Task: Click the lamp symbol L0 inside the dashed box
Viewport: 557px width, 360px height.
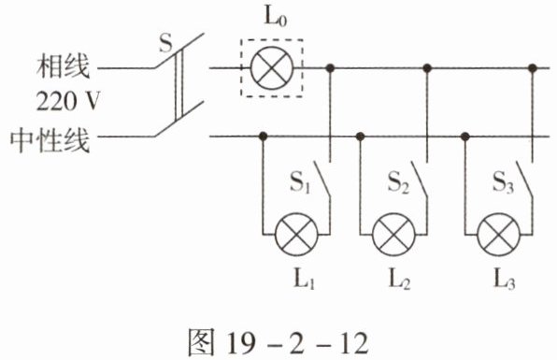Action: point(272,67)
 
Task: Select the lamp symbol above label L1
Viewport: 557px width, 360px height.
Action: point(296,235)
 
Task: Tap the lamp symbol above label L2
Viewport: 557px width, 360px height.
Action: point(393,235)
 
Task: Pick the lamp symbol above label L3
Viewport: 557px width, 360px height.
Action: point(499,235)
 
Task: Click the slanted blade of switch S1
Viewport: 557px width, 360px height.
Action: point(321,179)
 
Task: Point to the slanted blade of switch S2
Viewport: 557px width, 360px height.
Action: point(420,179)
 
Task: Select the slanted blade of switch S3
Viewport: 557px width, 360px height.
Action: point(524,179)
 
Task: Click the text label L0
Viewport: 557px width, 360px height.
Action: point(275,17)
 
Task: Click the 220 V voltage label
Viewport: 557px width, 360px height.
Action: point(68,101)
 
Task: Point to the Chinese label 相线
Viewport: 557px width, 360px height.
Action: point(64,66)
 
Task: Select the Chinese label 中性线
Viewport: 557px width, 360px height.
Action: point(50,140)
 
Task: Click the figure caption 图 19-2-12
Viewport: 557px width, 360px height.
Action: point(278,342)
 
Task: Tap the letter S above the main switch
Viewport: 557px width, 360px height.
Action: point(165,43)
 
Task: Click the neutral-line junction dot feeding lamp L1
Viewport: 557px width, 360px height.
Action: point(263,136)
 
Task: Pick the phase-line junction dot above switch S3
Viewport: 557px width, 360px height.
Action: point(532,67)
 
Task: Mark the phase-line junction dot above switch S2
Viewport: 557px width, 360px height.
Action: point(427,67)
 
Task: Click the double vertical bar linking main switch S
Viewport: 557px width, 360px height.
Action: point(179,84)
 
